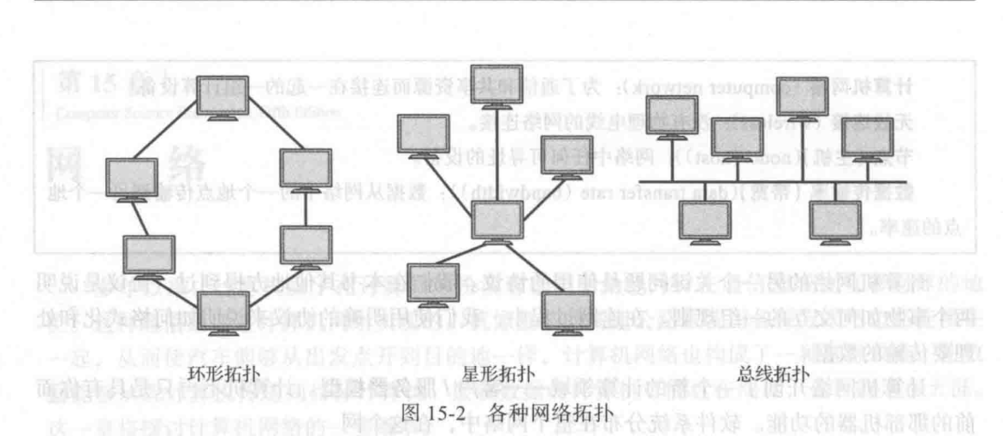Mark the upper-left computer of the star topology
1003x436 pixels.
coord(422,133)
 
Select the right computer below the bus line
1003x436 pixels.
coord(834,220)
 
